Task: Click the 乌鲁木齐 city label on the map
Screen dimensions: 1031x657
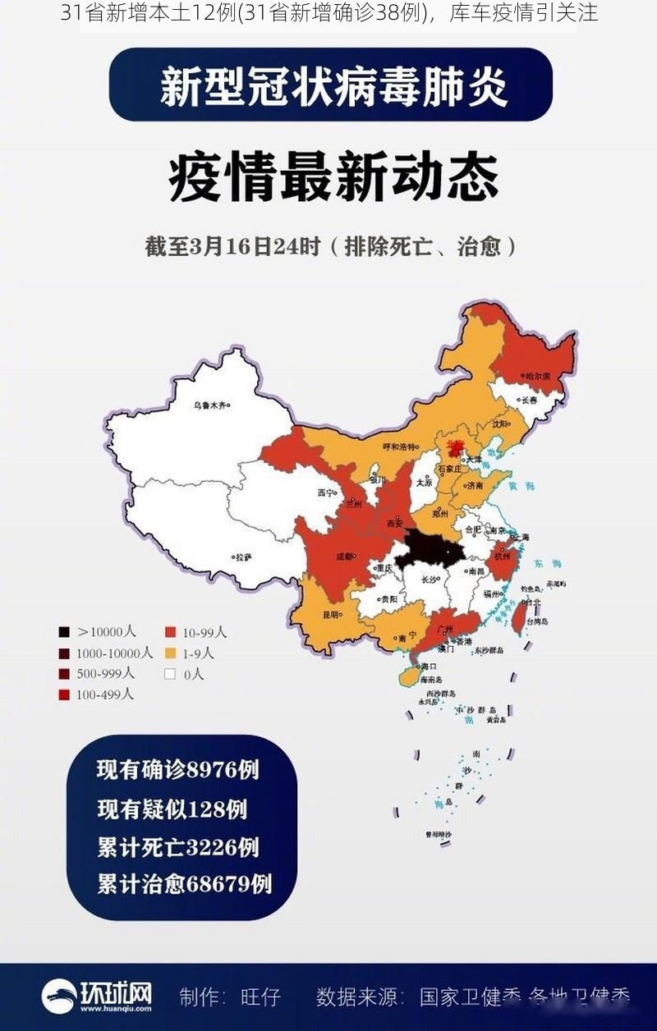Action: (x=209, y=405)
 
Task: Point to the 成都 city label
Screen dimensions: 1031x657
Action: (x=343, y=556)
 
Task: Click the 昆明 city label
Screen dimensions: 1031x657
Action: (x=329, y=614)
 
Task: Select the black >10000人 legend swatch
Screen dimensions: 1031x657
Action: (x=63, y=632)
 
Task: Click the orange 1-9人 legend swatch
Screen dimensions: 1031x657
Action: (x=170, y=653)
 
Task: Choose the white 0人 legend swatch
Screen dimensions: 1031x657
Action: (x=170, y=675)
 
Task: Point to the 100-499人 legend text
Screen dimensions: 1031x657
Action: (x=105, y=694)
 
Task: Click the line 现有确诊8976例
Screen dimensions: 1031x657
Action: (x=178, y=769)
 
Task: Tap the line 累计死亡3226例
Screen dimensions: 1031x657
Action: (x=178, y=846)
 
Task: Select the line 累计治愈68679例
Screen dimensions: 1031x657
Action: (x=184, y=884)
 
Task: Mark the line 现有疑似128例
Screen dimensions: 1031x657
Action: (x=172, y=809)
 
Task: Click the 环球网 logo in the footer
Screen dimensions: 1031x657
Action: (x=97, y=996)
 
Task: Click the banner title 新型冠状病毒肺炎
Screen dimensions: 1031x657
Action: (x=332, y=85)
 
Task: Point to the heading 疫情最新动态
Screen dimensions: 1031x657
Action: (x=333, y=177)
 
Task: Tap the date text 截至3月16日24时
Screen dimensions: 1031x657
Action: (x=232, y=246)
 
